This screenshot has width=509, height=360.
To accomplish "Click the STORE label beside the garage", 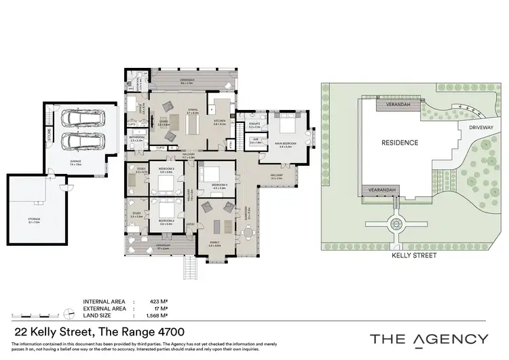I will click(x=50, y=134).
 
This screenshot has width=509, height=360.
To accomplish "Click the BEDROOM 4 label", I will click(x=167, y=221).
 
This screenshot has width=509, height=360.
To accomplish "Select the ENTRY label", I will click(x=191, y=223).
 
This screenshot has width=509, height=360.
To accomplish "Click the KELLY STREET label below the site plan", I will click(x=414, y=255).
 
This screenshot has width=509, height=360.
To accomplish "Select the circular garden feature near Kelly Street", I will click(x=395, y=224).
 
